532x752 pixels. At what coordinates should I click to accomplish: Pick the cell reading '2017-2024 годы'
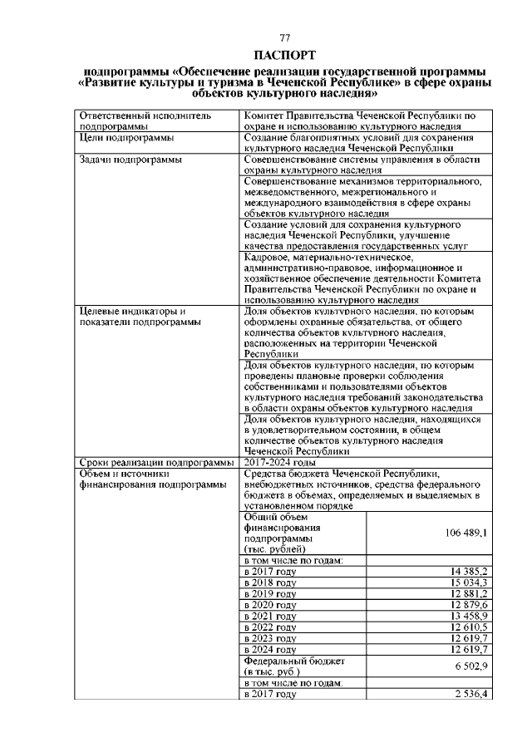[280, 462]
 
